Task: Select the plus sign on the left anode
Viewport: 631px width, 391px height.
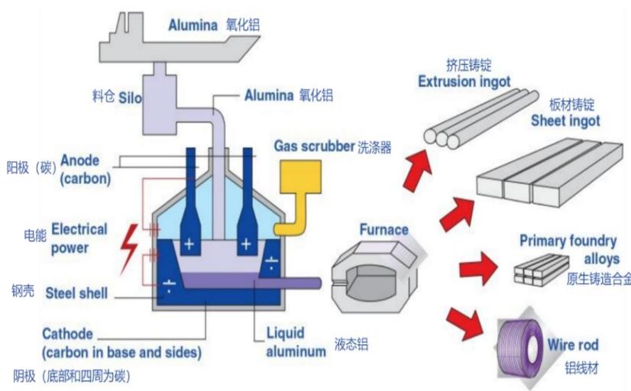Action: [189, 244]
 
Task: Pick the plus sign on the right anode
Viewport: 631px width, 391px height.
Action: [246, 244]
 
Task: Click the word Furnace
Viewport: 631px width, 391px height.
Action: [384, 230]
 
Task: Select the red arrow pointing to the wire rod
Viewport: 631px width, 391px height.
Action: [465, 323]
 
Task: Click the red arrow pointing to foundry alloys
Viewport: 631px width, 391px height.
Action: [478, 268]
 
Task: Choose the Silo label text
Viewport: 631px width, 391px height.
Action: [130, 98]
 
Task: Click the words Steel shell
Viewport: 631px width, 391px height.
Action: [76, 293]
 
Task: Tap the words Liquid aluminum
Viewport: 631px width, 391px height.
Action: [296, 342]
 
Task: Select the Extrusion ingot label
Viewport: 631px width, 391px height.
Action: [464, 82]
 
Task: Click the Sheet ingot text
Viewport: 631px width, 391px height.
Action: [565, 120]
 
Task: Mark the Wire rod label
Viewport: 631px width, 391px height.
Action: [573, 344]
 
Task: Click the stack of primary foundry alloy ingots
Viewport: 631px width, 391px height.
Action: [542, 270]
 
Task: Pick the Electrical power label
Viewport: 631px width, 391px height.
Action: [79, 238]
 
